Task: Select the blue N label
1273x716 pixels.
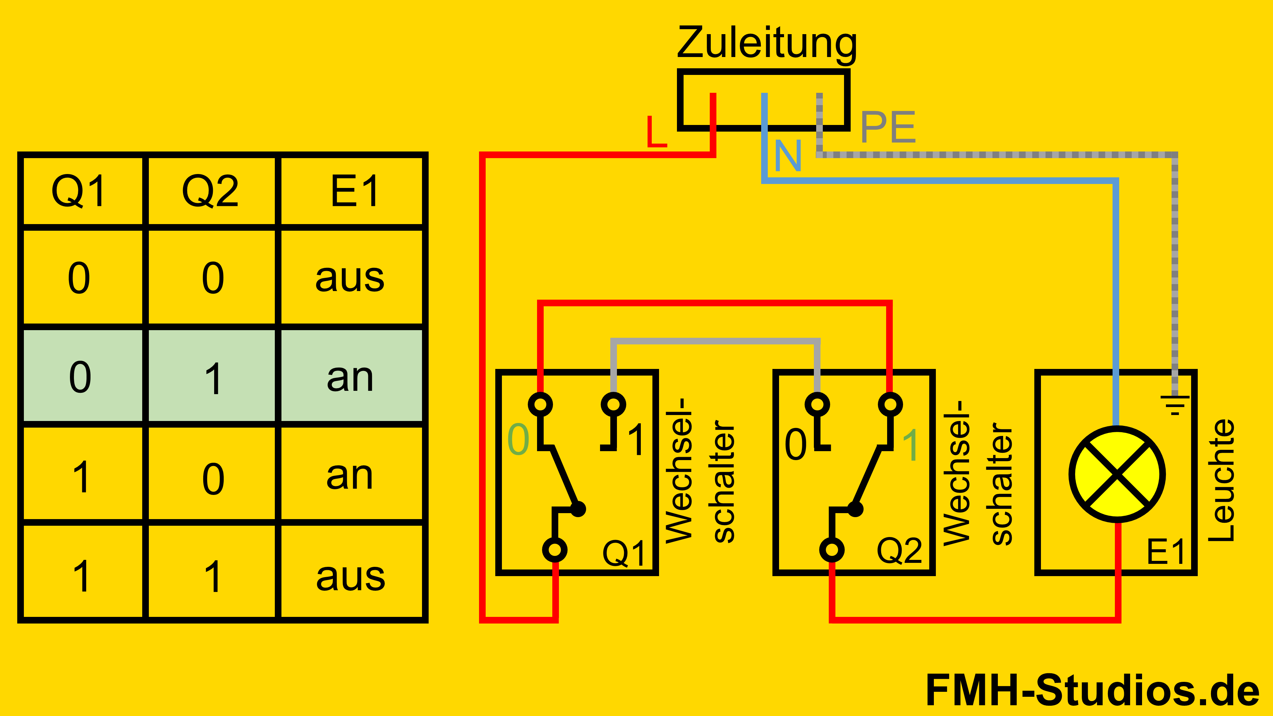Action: [x=788, y=156]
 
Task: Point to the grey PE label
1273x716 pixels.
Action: [x=888, y=128]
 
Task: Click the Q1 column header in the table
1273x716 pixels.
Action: [x=80, y=191]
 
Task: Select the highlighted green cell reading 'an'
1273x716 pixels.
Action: [x=350, y=377]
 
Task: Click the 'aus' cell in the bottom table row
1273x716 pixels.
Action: [x=350, y=576]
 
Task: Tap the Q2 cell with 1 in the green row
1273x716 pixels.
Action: [x=213, y=378]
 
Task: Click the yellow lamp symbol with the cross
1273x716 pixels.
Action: [x=1117, y=474]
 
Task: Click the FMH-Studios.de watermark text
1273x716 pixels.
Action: [x=1092, y=690]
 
